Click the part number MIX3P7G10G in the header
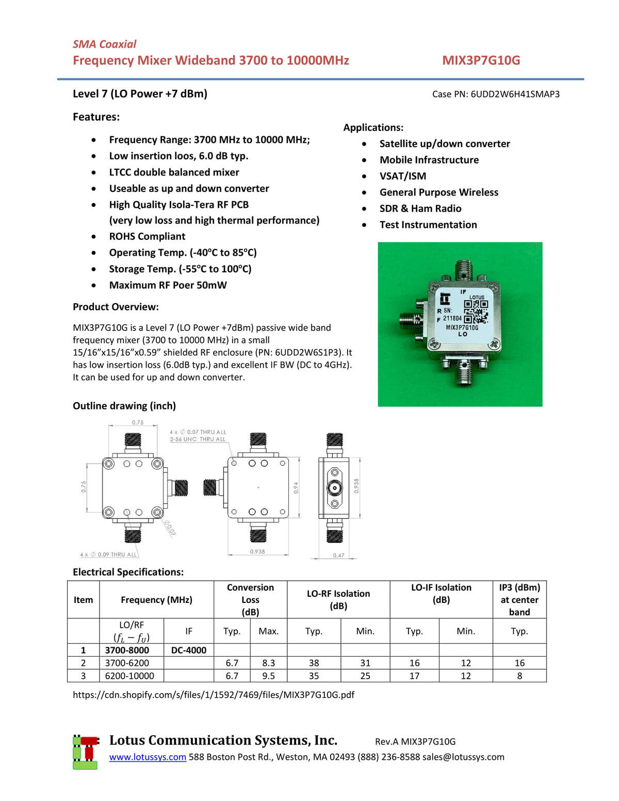click(481, 60)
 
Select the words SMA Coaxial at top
click(104, 44)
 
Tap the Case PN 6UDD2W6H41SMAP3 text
click(495, 94)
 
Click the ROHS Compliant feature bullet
click(147, 236)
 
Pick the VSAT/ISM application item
click(402, 176)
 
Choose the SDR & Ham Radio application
click(420, 208)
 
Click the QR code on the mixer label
click(476, 311)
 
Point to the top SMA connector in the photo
click(464, 269)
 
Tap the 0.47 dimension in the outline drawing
click(338, 555)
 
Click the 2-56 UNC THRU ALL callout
click(198, 439)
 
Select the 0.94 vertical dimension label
click(296, 487)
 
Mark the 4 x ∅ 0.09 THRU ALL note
click(109, 554)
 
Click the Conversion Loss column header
click(250, 599)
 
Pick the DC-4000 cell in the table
click(188, 650)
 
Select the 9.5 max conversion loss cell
click(268, 676)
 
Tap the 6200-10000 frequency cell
click(129, 676)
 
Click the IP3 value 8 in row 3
click(519, 676)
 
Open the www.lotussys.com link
click(148, 757)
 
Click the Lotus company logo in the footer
click(85, 752)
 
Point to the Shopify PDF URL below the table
click(213, 695)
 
